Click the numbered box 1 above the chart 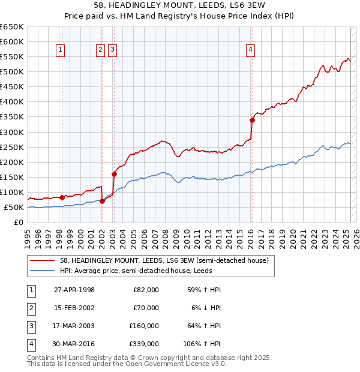(x=62, y=50)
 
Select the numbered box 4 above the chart (x=250, y=50)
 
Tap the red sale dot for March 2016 (x=252, y=120)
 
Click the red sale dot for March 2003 (x=114, y=174)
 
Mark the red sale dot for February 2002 (x=103, y=201)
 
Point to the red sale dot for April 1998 (x=62, y=197)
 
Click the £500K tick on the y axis (x=12, y=72)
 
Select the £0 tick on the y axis (x=19, y=223)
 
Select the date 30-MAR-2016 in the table (x=74, y=344)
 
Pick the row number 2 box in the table (x=29, y=308)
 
